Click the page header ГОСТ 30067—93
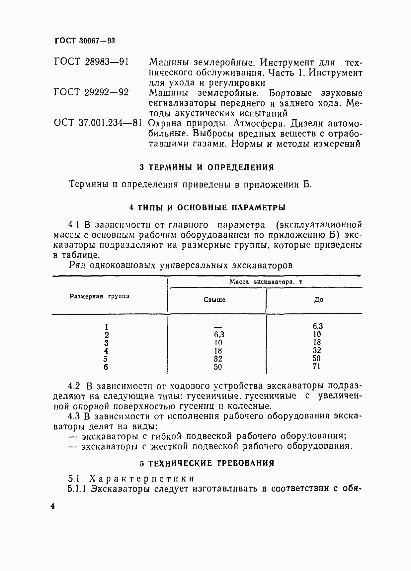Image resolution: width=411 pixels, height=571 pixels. tap(84, 41)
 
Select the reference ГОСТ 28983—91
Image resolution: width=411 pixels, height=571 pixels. tap(91, 62)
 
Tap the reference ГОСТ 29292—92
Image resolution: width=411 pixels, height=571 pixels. tap(91, 92)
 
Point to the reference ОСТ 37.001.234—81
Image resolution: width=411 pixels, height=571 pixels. tap(98, 123)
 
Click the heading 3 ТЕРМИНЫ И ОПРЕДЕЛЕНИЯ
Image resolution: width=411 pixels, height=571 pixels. tap(207, 167)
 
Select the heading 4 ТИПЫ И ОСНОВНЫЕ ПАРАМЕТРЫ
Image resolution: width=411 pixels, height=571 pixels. tap(207, 208)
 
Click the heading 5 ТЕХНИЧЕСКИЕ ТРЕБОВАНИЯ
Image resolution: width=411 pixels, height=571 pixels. tap(207, 463)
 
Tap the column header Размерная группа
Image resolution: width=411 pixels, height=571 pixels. tap(100, 296)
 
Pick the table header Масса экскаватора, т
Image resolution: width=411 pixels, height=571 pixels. tap(266, 282)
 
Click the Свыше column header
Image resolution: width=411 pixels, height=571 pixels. tap(214, 300)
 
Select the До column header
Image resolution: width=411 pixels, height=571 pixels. tap(318, 300)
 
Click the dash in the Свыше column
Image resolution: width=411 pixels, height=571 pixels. tap(217, 327)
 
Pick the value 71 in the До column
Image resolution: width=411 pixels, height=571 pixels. tap(317, 367)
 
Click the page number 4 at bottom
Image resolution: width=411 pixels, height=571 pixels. tap(52, 507)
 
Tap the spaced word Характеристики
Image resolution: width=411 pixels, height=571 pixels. tap(142, 479)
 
